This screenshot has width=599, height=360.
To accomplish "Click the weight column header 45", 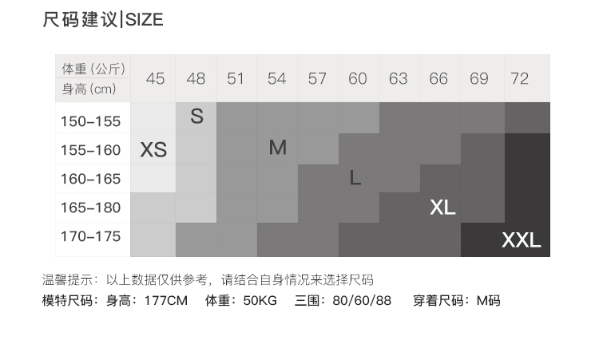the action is click(156, 78).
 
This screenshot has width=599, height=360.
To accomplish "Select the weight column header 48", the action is click(196, 78).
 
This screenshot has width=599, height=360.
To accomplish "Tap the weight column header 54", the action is click(277, 78).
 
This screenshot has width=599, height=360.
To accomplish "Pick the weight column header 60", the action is click(358, 78).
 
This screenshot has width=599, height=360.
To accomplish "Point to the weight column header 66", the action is click(438, 78).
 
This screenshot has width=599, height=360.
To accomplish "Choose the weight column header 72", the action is click(520, 78).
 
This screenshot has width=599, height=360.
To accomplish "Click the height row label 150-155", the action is click(90, 121).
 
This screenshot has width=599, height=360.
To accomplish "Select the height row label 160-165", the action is click(90, 179).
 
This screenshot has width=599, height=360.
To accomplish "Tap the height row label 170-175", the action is click(90, 236).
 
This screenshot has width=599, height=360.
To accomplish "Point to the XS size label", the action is click(153, 150).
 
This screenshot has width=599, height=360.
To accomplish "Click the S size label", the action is click(196, 117).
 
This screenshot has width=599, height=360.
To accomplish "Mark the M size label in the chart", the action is click(277, 148).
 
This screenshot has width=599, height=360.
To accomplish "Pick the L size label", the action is click(355, 178).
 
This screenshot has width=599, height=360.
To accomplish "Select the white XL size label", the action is click(442, 208).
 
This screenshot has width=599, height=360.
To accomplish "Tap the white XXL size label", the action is click(522, 240).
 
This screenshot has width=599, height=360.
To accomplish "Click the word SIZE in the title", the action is click(144, 20).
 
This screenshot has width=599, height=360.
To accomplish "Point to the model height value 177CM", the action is click(165, 301).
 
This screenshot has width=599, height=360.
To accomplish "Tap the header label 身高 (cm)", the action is click(89, 89).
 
